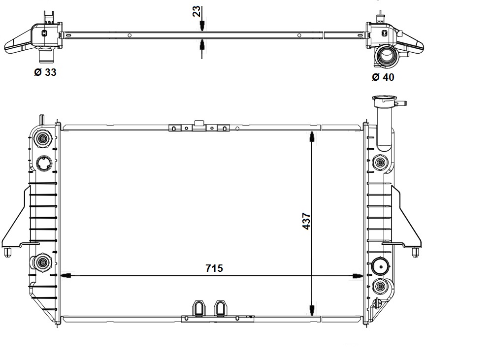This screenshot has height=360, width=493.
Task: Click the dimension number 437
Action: tap(306, 221)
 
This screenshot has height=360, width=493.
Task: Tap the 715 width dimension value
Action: tap(214, 268)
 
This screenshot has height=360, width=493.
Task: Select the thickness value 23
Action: tap(197, 11)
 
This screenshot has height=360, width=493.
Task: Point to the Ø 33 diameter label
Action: tap(45, 72)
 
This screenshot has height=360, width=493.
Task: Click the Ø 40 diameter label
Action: tap(383, 77)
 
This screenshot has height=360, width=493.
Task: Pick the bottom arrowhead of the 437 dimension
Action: tap(312, 310)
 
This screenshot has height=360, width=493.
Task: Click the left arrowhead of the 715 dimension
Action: tap(66, 276)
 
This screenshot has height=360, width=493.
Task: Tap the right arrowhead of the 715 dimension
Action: tap(358, 276)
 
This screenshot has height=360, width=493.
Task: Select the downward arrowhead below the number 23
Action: tap(202, 26)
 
